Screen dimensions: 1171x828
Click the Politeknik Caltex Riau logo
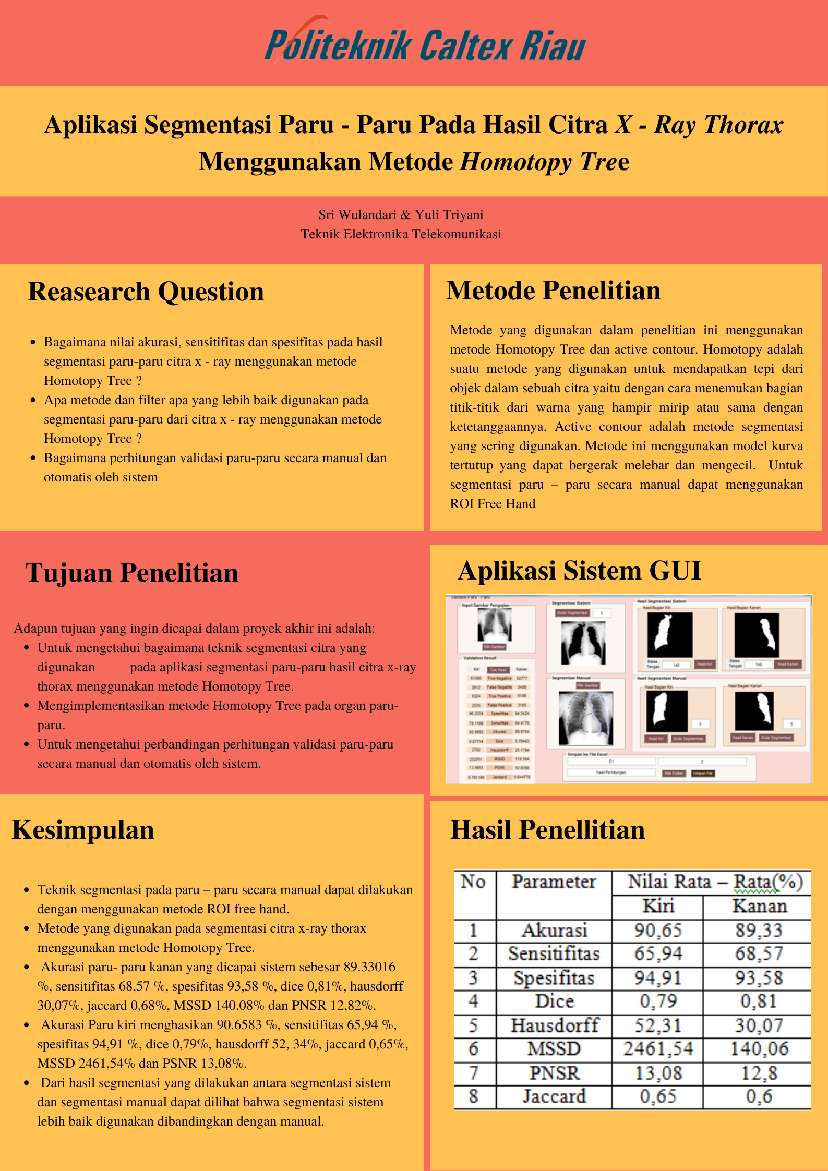(425, 44)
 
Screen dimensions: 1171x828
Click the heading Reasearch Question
(146, 292)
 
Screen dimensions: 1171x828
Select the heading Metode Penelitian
(553, 291)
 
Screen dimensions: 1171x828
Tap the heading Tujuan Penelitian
(131, 573)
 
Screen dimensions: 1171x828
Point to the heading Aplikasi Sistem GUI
(579, 571)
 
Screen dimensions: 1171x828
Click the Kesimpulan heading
(83, 830)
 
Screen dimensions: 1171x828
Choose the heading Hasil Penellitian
(547, 830)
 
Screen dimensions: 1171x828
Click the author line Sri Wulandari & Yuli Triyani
(401, 215)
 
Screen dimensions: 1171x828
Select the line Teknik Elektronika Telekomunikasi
(401, 234)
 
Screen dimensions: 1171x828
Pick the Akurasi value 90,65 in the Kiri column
(658, 930)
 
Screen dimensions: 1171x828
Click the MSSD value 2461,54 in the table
(658, 1049)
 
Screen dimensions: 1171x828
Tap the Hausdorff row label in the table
(554, 1025)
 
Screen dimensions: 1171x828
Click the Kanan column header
(759, 906)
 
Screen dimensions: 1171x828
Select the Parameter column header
(554, 882)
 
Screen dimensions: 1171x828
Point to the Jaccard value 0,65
(658, 1096)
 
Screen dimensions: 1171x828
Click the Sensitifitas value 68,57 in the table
(759, 954)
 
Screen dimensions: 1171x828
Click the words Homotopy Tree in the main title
(544, 162)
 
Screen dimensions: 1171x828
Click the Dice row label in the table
(554, 1001)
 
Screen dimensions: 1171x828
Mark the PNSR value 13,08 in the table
(658, 1073)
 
